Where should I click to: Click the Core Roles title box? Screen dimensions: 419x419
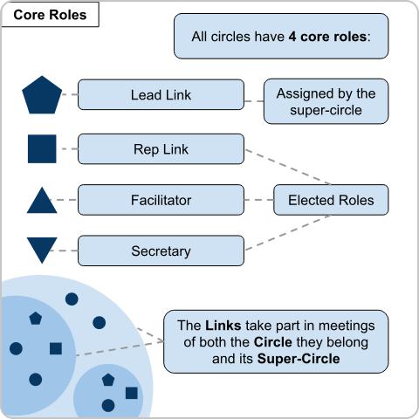click(50, 15)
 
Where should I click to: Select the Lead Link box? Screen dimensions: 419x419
click(161, 94)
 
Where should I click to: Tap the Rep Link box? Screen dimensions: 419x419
click(161, 149)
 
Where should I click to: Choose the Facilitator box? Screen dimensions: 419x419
click(161, 200)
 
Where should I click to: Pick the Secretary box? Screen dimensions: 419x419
click(161, 251)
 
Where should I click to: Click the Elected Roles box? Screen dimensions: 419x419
click(331, 200)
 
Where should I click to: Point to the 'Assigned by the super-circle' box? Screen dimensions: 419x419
click(326, 101)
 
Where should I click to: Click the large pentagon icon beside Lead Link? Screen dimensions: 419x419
click(42, 95)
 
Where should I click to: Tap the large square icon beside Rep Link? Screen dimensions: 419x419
click(42, 148)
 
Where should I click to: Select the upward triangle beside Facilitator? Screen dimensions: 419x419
click(42, 203)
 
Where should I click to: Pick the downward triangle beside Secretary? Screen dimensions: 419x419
click(42, 248)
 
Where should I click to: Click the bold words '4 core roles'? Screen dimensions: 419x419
click(327, 37)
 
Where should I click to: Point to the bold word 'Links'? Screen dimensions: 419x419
click(223, 326)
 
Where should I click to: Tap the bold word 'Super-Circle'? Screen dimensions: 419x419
click(299, 359)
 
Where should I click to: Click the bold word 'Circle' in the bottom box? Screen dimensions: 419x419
click(273, 342)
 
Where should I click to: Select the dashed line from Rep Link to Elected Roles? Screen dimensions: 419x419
click(288, 167)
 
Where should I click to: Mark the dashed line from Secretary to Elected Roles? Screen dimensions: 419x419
click(288, 232)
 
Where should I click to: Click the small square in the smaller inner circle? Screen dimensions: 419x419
click(132, 393)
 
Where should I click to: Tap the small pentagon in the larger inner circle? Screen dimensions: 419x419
click(36, 319)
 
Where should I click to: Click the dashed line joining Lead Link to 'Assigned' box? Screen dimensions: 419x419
click(254, 101)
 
